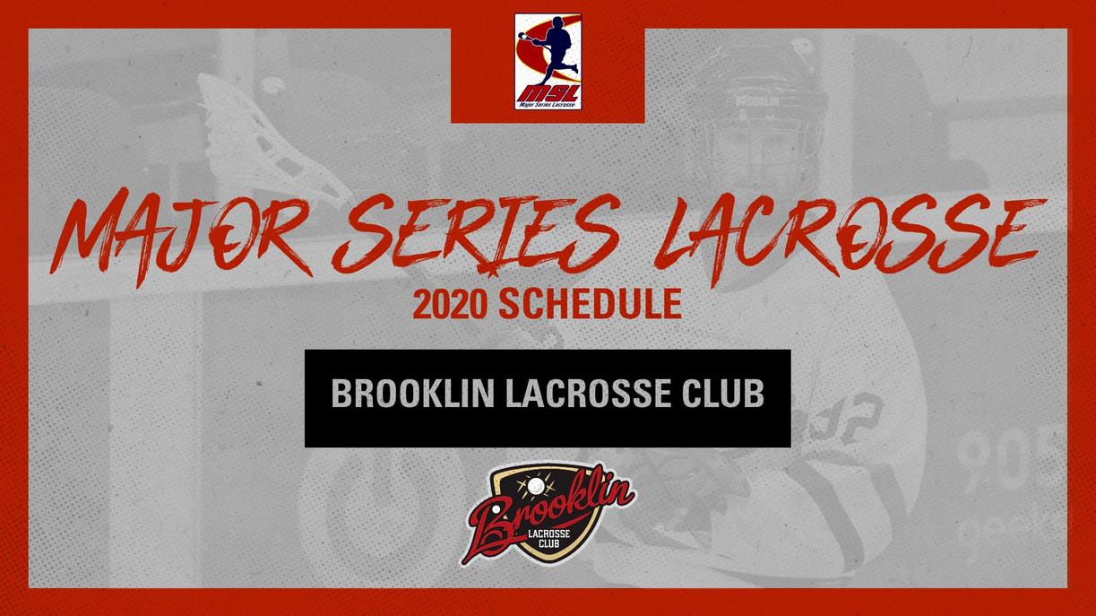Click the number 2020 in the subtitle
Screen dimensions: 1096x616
click(450, 305)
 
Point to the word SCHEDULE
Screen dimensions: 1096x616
click(590, 305)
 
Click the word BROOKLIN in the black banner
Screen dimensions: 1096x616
click(413, 394)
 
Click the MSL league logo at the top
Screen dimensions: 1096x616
click(548, 61)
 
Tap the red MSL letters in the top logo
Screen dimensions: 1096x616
click(548, 92)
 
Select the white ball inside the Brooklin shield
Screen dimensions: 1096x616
click(537, 485)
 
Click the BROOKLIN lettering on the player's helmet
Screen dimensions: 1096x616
click(756, 101)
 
